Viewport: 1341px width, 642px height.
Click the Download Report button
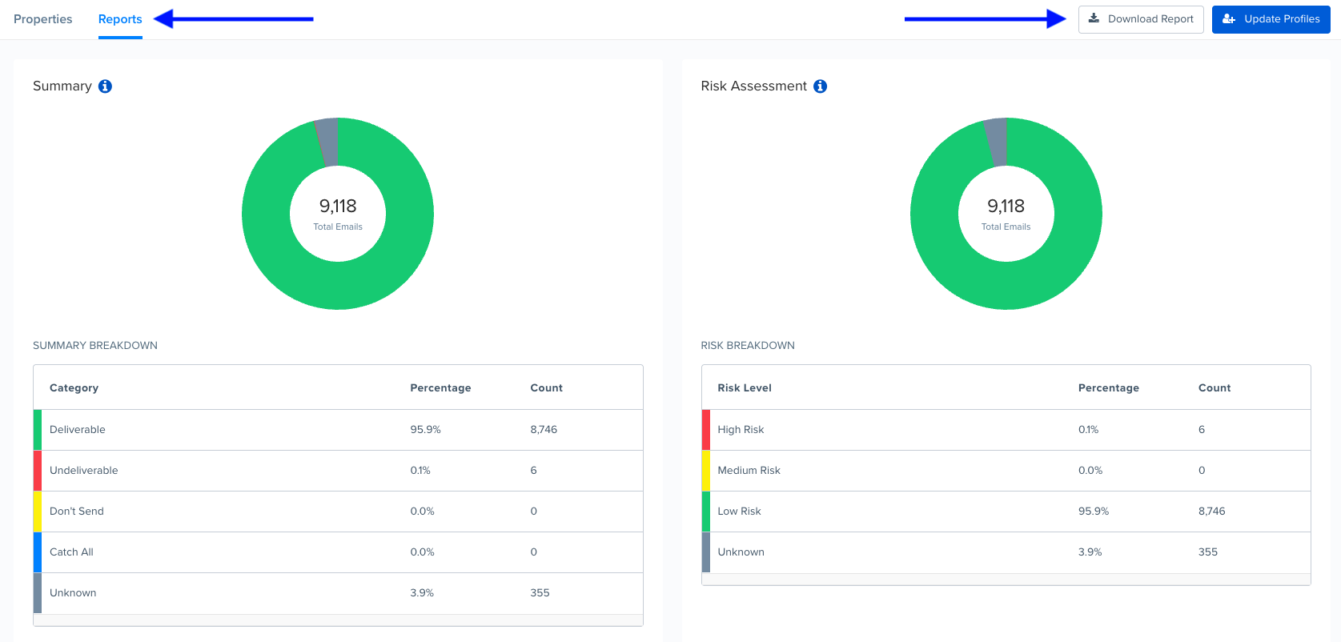[x=1141, y=19]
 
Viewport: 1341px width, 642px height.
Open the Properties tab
[x=43, y=19]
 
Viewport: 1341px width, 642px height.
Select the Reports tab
[x=120, y=19]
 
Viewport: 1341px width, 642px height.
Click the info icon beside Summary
[x=105, y=86]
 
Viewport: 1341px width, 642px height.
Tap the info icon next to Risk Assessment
[x=820, y=86]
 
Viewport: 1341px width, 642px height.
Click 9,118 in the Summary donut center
[x=338, y=207]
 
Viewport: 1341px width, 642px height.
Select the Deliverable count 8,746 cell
[x=544, y=430]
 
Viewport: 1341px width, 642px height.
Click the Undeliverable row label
[x=84, y=471]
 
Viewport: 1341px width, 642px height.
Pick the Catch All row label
[x=71, y=552]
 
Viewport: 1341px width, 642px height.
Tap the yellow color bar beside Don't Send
[x=37, y=512]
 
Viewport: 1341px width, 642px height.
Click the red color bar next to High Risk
[x=705, y=430]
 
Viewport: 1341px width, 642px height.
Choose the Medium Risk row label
[x=749, y=471]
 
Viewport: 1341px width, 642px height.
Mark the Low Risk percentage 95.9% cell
[x=1094, y=512]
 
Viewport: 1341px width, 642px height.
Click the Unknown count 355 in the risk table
[x=1208, y=552]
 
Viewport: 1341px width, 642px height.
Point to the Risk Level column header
[x=745, y=388]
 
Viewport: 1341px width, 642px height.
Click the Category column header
[x=74, y=388]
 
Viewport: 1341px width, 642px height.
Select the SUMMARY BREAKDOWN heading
[x=95, y=346]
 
